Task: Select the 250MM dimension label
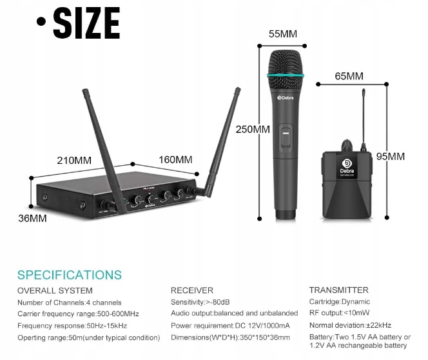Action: [x=253, y=129]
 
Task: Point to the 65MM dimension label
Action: [x=349, y=76]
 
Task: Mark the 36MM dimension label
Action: [x=32, y=218]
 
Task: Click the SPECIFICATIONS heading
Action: [x=70, y=275]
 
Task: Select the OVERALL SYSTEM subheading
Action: [x=55, y=290]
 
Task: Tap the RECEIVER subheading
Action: [x=192, y=290]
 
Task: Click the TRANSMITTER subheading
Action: [x=339, y=290]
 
